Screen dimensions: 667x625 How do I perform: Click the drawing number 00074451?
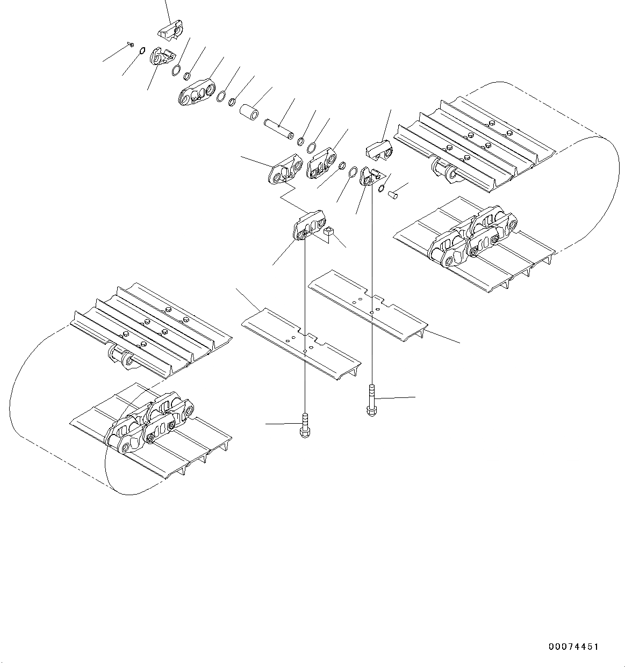tap(573, 647)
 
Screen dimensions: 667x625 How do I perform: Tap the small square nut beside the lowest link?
tap(329, 232)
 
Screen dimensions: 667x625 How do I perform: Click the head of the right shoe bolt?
tap(371, 410)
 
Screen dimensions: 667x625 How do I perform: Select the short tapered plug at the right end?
tap(394, 194)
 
